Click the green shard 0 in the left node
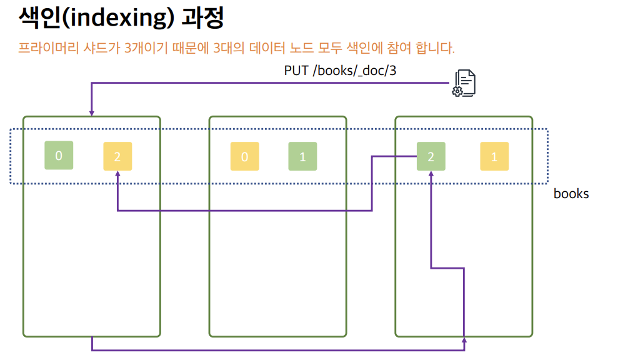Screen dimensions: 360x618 (59, 156)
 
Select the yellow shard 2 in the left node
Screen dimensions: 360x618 (117, 157)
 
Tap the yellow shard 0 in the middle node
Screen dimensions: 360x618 (244, 157)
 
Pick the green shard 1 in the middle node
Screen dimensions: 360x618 (302, 157)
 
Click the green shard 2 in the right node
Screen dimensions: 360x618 (431, 157)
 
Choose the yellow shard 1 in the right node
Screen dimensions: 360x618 (494, 157)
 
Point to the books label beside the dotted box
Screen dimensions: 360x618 (571, 194)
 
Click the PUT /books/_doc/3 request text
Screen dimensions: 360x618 (341, 70)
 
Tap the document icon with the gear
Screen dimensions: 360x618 (464, 83)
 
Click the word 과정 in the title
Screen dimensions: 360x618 (202, 17)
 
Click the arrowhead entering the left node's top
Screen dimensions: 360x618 (92, 113)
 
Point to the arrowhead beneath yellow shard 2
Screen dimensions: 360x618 (117, 175)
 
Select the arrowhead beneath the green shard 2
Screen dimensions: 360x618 (431, 175)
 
